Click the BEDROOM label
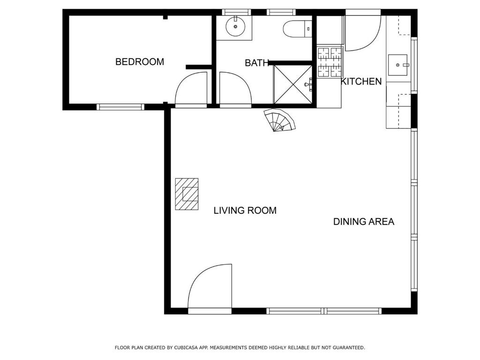[140, 62]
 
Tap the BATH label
[257, 63]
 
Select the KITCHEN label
[361, 82]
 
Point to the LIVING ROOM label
[245, 210]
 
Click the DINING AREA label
[364, 221]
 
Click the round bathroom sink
[235, 27]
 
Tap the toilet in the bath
[297, 29]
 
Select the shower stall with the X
[292, 84]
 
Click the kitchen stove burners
[330, 62]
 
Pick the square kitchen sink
[398, 65]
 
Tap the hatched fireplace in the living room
[187, 194]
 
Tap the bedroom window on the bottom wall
[120, 107]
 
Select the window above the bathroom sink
[236, 12]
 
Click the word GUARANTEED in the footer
[349, 348]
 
